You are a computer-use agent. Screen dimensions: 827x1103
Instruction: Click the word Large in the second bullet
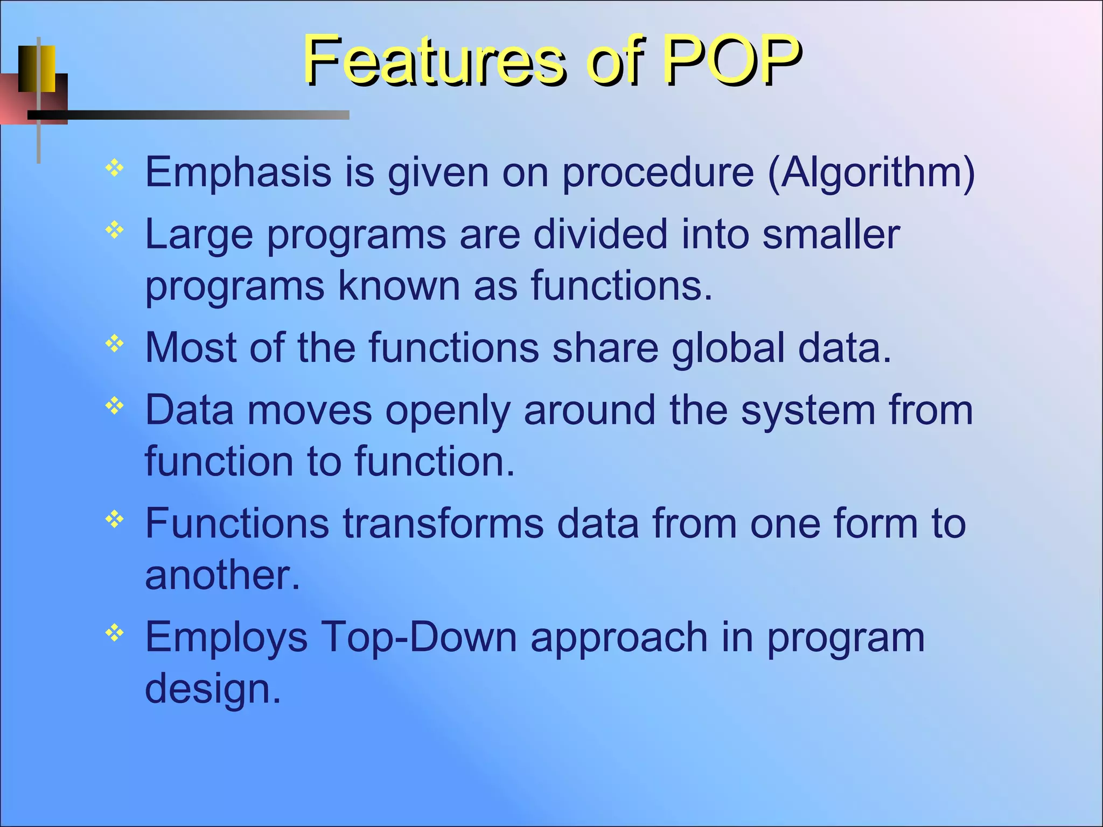(x=199, y=235)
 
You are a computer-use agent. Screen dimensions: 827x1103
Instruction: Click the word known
(x=399, y=285)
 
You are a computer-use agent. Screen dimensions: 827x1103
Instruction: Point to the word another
(x=222, y=575)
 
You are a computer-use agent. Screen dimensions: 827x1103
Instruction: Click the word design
(x=213, y=689)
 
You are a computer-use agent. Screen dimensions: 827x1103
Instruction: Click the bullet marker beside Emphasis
(x=115, y=169)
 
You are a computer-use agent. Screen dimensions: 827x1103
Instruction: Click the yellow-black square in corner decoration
(x=37, y=68)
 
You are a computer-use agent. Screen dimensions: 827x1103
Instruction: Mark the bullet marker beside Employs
(x=115, y=633)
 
